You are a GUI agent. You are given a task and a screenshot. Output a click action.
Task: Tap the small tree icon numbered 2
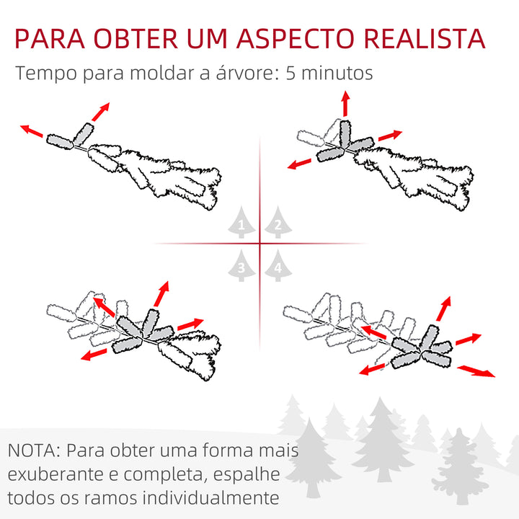tap(277, 224)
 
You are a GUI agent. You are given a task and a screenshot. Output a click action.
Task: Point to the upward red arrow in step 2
tap(345, 103)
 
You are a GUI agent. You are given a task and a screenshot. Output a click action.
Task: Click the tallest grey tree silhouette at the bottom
tap(382, 440)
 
